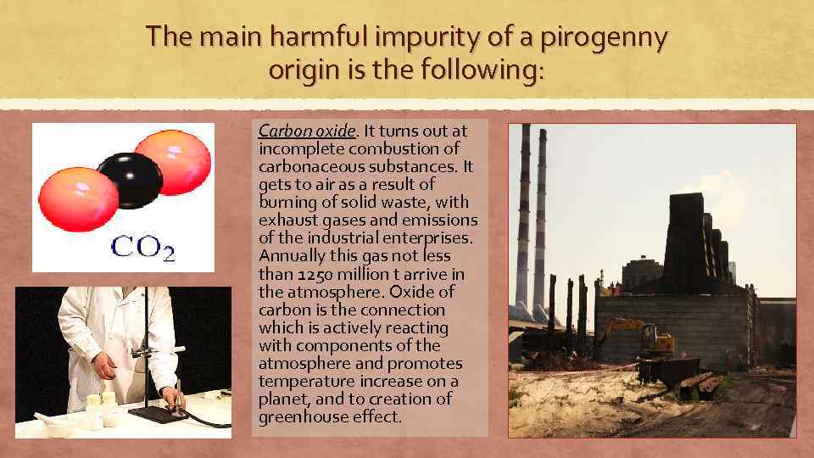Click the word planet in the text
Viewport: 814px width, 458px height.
(282, 399)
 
